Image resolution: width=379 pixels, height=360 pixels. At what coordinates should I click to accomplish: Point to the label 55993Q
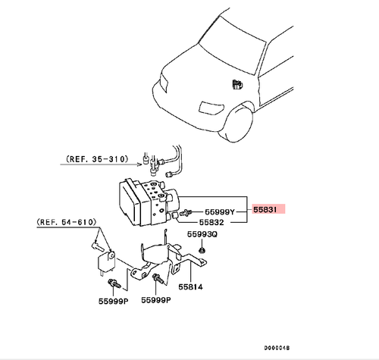[202, 234]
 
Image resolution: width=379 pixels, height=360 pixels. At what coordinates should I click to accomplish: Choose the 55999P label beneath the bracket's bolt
[156, 299]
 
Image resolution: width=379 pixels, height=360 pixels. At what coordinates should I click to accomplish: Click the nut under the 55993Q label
[202, 249]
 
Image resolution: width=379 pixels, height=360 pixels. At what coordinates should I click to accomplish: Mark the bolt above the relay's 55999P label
[114, 284]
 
